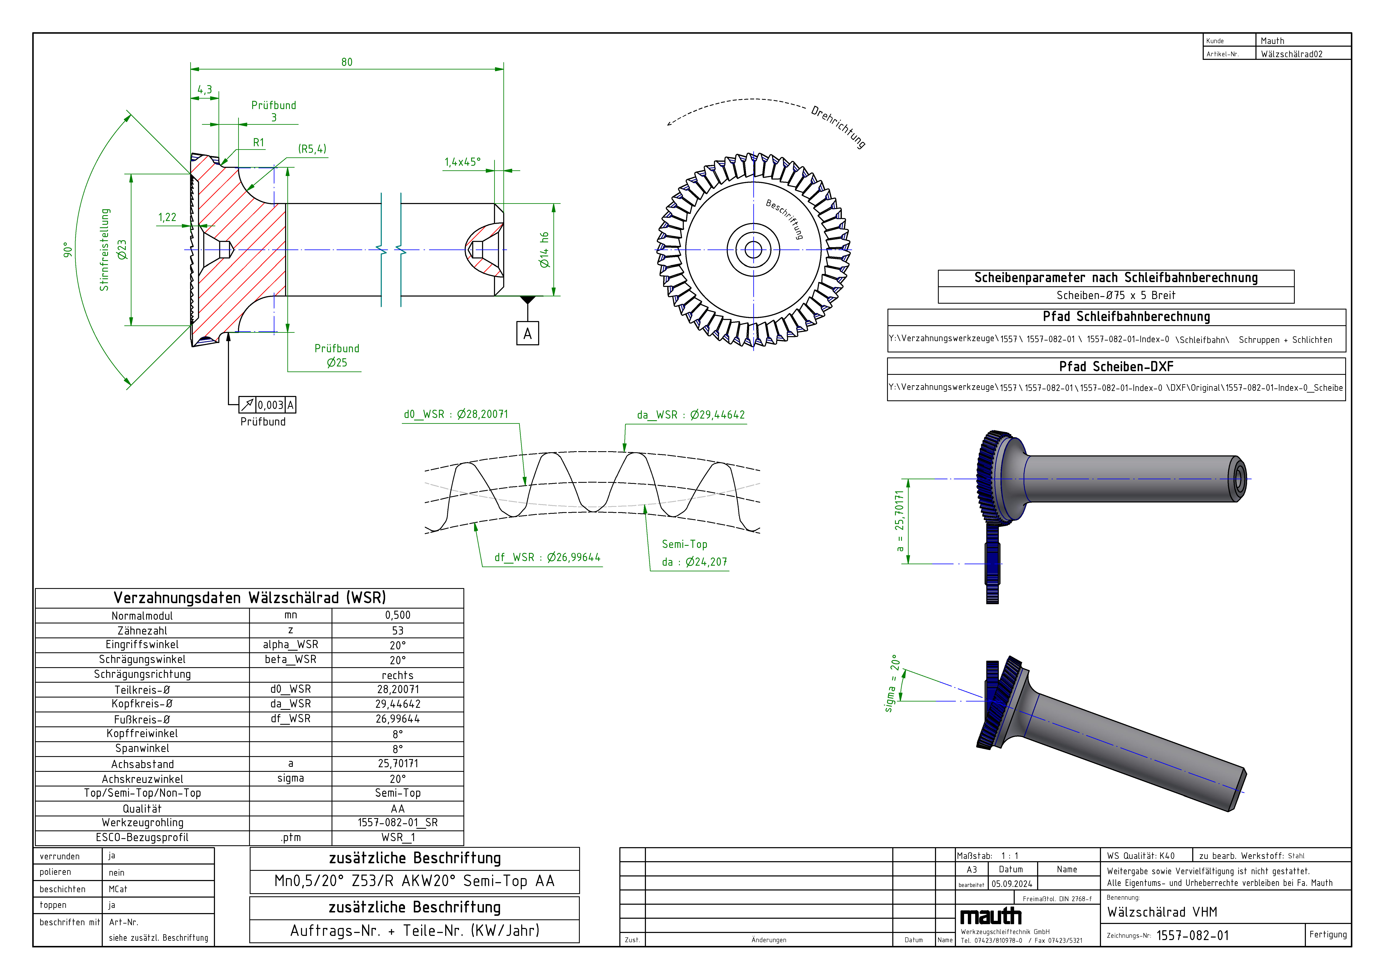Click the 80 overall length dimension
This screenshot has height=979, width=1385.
point(347,62)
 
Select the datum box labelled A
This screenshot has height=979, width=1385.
point(527,334)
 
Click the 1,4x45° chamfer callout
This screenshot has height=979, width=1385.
point(463,162)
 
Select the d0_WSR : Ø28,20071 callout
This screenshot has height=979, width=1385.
point(456,414)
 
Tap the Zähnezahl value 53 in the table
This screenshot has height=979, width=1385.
point(397,630)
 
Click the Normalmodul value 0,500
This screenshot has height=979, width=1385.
point(397,615)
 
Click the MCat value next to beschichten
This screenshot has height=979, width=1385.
point(118,889)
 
